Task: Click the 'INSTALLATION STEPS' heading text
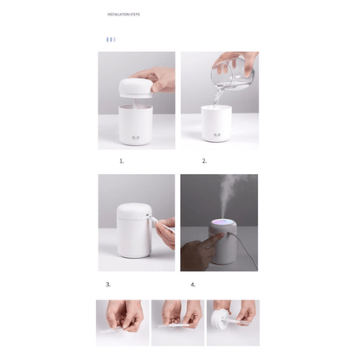pos(124,15)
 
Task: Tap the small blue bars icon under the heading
pos(110,39)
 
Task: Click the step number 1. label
pos(121,161)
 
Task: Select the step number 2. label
pos(204,161)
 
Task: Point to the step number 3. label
pos(108,284)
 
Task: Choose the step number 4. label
pos(193,284)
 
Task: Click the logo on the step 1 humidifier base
pos(137,135)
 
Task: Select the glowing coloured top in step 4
pos(220,227)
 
